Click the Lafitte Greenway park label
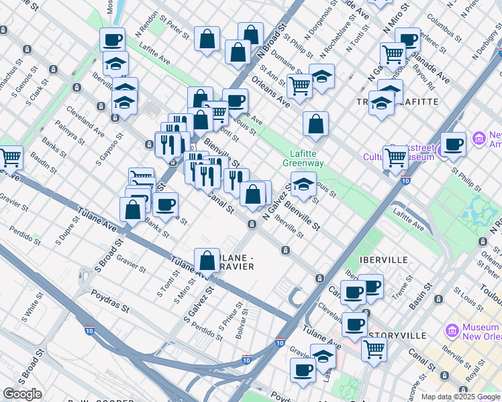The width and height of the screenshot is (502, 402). [x=303, y=158]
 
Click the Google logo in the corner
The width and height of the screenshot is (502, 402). [x=22, y=394]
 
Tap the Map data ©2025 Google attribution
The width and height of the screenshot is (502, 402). [x=460, y=397]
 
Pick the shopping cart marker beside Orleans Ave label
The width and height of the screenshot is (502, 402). [x=299, y=85]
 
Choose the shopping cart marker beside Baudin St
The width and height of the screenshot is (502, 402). [x=11, y=157]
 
